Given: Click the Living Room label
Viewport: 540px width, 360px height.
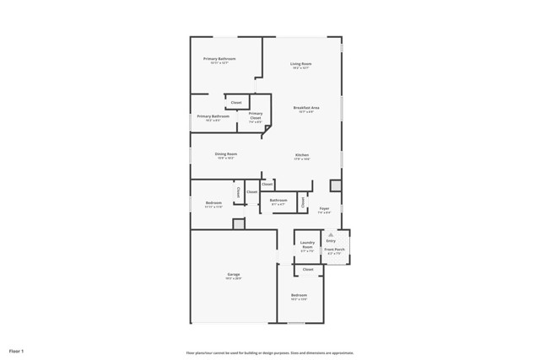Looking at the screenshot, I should point(301,64).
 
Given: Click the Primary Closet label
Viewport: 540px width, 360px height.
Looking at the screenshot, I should point(255,116).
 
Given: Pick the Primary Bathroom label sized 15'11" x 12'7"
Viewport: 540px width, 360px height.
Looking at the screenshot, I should point(219,59).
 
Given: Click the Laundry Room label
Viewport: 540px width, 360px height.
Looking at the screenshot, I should point(307,245).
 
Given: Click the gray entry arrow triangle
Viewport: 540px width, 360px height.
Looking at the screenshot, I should point(331,234).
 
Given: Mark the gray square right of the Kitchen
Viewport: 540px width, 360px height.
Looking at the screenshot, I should point(336,185).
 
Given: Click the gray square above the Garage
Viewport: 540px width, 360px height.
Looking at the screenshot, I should point(239,224).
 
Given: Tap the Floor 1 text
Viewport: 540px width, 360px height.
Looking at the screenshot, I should point(17,350).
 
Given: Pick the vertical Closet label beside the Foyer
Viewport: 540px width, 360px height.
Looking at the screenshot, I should point(303,202).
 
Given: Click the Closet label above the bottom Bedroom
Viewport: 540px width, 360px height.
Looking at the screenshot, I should point(308,269).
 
